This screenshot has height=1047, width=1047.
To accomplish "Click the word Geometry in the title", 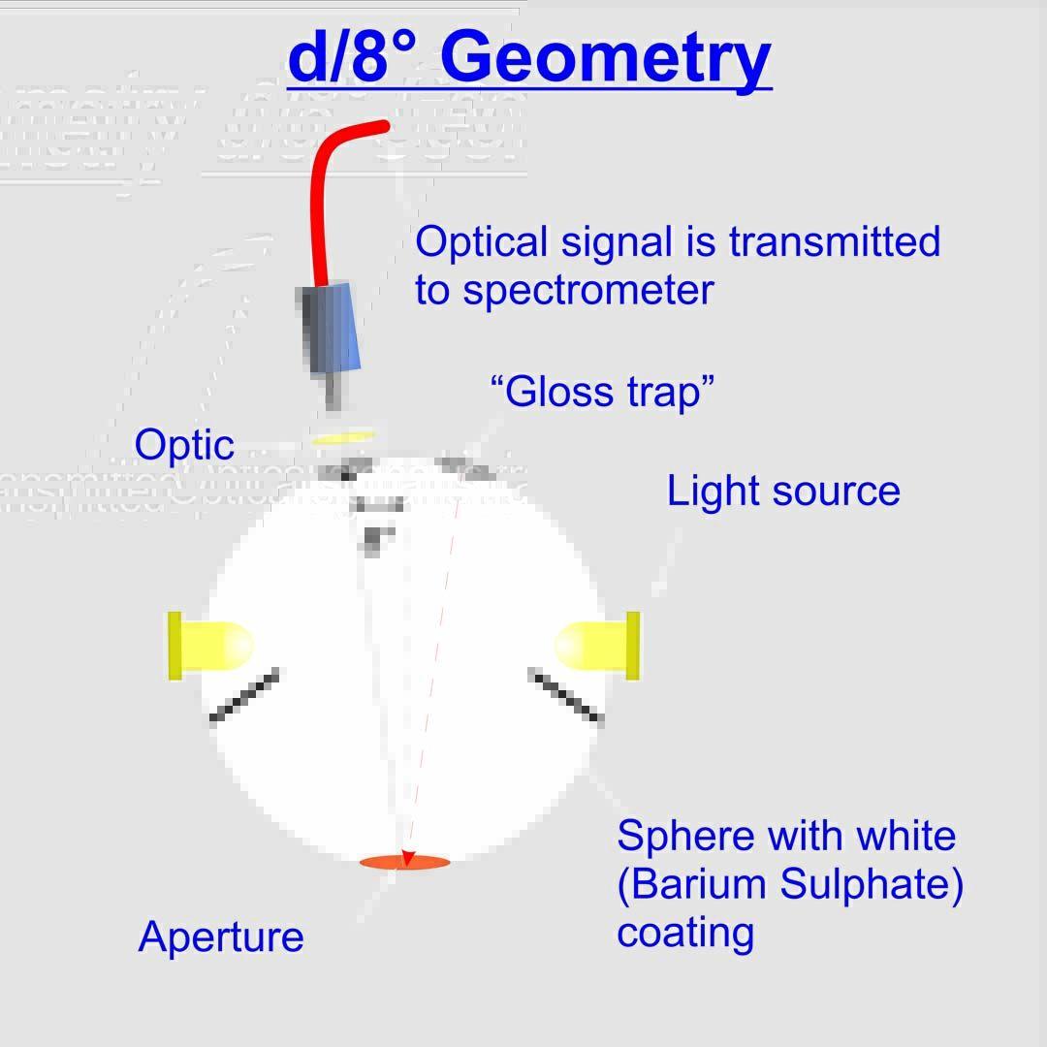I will click(x=606, y=58).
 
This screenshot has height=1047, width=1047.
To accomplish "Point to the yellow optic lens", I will click(x=342, y=437).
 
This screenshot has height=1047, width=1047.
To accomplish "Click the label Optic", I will click(x=184, y=445).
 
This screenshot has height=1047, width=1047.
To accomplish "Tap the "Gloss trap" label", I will click(x=603, y=393).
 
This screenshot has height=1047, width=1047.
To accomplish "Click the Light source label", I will click(x=783, y=492).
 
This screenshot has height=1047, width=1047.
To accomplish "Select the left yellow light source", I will click(x=208, y=646).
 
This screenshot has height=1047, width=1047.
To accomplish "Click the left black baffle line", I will click(x=244, y=695).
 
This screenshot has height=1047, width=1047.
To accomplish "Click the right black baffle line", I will click(x=566, y=696).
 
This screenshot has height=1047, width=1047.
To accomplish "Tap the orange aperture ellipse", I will click(x=404, y=862).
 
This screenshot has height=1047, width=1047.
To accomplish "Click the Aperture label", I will click(x=221, y=937).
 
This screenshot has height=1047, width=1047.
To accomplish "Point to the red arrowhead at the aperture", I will click(x=408, y=858).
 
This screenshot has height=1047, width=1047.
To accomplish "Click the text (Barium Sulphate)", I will click(x=790, y=885).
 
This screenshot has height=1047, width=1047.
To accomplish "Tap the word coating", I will click(x=685, y=933).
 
